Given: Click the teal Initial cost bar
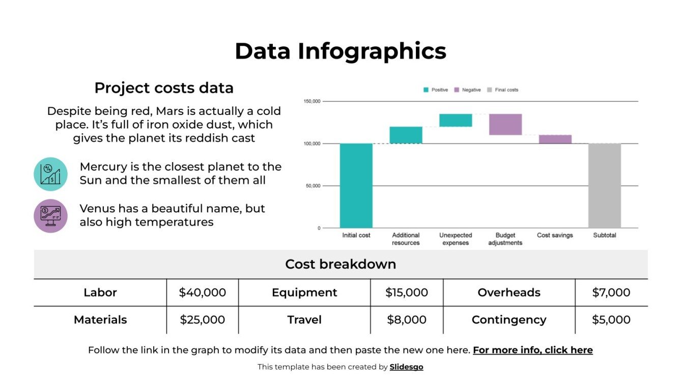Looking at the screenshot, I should [x=356, y=185].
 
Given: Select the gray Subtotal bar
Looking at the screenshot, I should [x=604, y=185].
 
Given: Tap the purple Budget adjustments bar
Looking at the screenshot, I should [x=505, y=124].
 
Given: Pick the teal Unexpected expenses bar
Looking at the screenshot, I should [x=456, y=120].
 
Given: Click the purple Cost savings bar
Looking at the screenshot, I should [x=555, y=139].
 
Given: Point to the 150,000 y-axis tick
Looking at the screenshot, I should [x=312, y=101].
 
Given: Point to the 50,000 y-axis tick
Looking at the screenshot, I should [x=313, y=186].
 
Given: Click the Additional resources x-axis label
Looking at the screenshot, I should [x=406, y=239].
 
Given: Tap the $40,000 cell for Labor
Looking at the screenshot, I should [x=202, y=292].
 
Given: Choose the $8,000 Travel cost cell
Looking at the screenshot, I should [x=406, y=319].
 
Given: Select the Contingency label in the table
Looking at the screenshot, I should [x=508, y=319].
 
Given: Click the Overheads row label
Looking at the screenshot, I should [x=508, y=292].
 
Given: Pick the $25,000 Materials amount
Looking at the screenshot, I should [x=202, y=319].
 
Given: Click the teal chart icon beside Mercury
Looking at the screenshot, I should [x=50, y=174].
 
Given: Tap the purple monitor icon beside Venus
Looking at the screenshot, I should [x=50, y=216].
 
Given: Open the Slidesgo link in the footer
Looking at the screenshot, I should [x=406, y=367].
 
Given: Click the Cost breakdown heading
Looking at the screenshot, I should [x=340, y=264].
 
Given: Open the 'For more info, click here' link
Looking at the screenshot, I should [x=532, y=350].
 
